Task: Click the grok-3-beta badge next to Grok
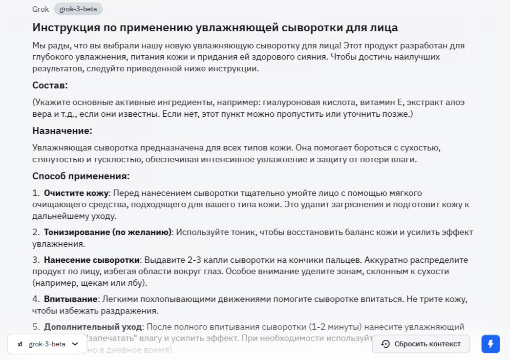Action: pos(78,9)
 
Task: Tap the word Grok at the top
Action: pos(41,9)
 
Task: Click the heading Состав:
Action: pos(50,85)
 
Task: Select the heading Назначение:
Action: pos(62,131)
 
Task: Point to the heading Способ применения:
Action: pos(81,176)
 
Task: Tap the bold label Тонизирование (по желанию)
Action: pos(107,232)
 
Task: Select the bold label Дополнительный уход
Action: pos(93,327)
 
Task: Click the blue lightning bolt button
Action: pos(490,343)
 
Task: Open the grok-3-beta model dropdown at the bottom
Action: pos(47,344)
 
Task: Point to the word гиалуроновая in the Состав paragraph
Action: pos(292,102)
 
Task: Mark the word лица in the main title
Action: pos(383,27)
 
